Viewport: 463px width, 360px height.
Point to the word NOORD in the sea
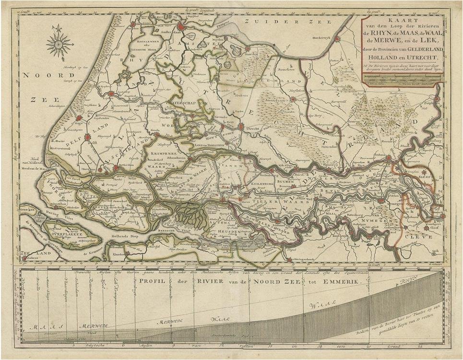click(x=43, y=75)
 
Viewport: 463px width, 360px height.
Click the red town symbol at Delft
click(x=87, y=138)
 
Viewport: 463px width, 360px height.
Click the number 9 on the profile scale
click(x=173, y=345)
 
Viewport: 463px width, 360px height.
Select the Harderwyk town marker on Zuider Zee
click(x=337, y=39)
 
